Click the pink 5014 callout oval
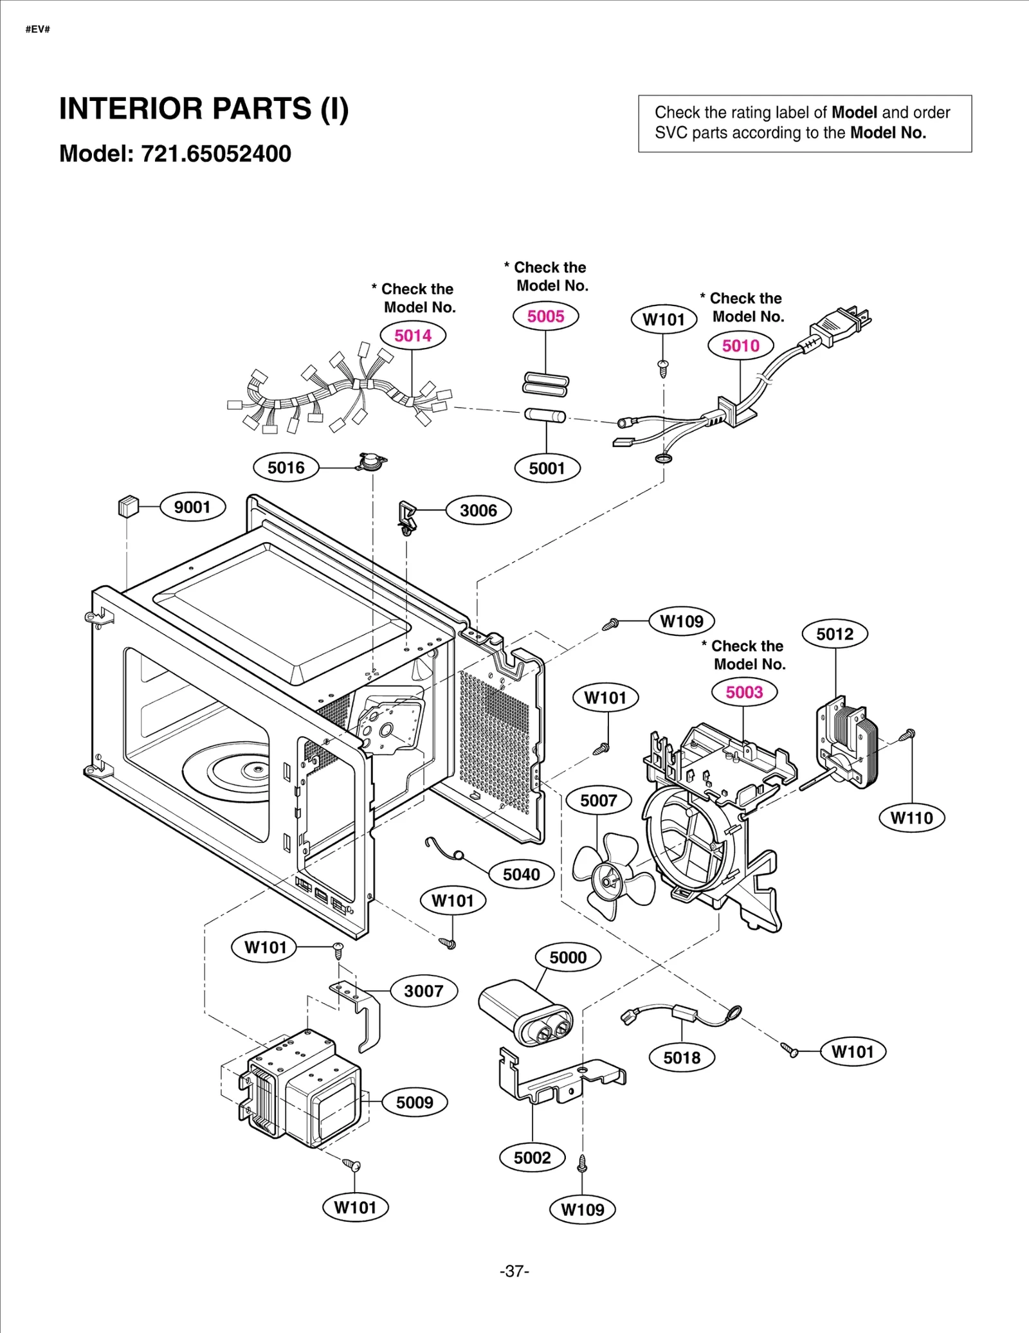pos(412,336)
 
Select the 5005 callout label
pos(545,316)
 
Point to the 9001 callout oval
pos(192,507)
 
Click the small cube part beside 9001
pos(129,506)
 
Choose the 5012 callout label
pos(835,634)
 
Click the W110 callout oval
pos(911,818)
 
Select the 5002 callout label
pos(532,1158)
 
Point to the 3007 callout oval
pos(424,991)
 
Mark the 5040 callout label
pos(521,875)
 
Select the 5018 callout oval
pos(682,1058)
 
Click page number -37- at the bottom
pos(514,1271)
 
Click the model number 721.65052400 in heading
pos(216,154)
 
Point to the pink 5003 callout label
pos(744,692)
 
